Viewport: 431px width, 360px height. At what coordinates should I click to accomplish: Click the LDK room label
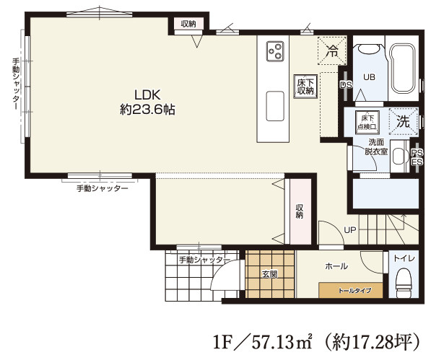coord(147,95)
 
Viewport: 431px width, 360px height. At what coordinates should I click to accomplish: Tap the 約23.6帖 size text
coord(147,110)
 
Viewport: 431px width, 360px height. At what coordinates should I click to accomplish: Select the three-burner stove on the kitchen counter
coord(275,51)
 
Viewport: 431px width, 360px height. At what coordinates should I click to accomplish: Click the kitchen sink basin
coord(275,106)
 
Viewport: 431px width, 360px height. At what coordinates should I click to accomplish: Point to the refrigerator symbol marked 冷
coord(331,51)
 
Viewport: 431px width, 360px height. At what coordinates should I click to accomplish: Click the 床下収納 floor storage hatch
coord(305,87)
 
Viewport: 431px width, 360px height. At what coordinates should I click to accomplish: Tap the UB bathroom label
coord(369,77)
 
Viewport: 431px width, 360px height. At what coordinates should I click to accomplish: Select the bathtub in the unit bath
coord(404,69)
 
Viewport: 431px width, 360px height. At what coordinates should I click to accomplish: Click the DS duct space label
coord(346,85)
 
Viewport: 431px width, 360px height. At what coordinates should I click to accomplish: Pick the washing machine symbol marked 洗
coord(404,121)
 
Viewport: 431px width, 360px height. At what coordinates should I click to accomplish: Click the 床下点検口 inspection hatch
coord(367,123)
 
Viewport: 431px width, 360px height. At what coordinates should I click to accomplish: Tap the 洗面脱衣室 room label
coord(376,147)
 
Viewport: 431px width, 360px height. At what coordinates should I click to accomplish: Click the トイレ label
coord(404,258)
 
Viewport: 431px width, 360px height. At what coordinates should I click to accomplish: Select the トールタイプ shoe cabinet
coord(351,290)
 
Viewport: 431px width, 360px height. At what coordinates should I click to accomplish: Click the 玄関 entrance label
coord(270,274)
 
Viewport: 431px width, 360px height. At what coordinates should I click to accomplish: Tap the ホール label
coord(336,266)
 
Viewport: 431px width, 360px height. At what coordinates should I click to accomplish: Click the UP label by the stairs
coord(350,230)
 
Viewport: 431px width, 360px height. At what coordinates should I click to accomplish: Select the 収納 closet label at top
coord(188,24)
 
